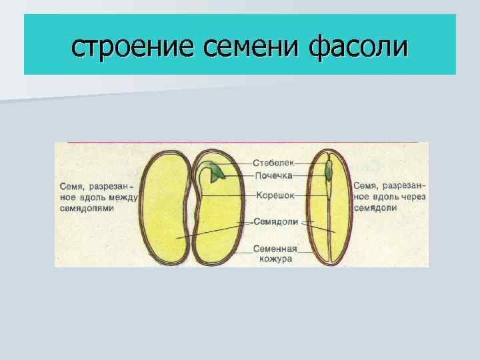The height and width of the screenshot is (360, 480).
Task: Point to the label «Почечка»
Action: (273, 176)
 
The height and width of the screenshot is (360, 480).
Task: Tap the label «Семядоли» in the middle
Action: (275, 222)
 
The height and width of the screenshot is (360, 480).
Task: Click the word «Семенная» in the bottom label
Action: (275, 249)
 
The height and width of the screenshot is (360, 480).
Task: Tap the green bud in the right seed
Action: (329, 171)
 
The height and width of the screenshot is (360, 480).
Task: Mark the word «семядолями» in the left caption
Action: (86, 208)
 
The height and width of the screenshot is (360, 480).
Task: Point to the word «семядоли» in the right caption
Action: (375, 208)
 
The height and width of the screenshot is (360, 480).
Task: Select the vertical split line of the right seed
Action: (329, 220)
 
